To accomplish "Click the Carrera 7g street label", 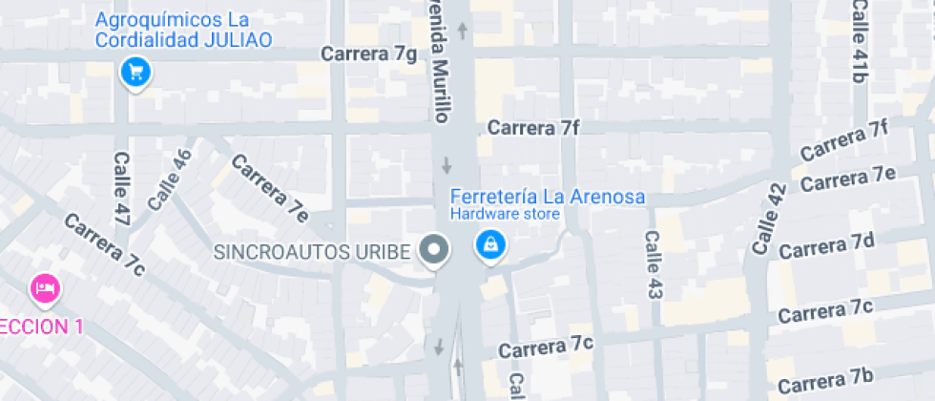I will click(369, 54).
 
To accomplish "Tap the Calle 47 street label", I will click(121, 189).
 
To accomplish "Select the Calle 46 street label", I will click(170, 179).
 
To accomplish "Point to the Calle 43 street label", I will click(653, 264).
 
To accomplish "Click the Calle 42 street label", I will click(768, 219).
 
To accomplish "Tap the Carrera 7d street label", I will click(826, 244).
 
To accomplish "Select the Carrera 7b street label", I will click(826, 380).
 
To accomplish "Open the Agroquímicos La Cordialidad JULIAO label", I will click(182, 30).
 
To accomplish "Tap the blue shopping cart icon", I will click(135, 72).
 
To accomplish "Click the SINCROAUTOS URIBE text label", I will click(313, 252).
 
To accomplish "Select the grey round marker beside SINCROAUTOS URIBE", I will click(436, 251).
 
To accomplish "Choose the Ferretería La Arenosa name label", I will click(547, 198).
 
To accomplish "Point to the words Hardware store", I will click(505, 215).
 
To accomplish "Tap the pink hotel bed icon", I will click(45, 286).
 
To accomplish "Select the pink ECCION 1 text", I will click(41, 327).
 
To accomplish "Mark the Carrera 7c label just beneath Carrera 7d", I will click(826, 312).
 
